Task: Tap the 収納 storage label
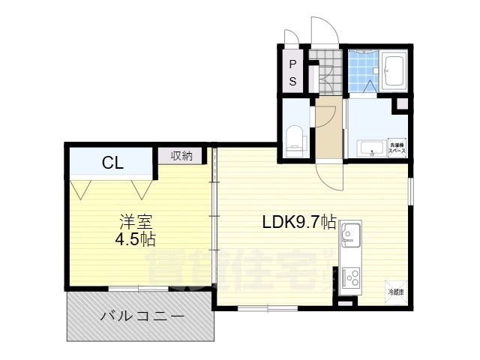pyautogui.click(x=181, y=156)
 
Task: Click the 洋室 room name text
pyautogui.click(x=136, y=223)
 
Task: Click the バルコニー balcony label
pyautogui.click(x=142, y=316)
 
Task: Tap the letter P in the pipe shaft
pyautogui.click(x=293, y=64)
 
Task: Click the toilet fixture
pyautogui.click(x=295, y=139)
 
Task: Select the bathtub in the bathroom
pyautogui.click(x=393, y=73)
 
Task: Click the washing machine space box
pyautogui.click(x=396, y=148)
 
